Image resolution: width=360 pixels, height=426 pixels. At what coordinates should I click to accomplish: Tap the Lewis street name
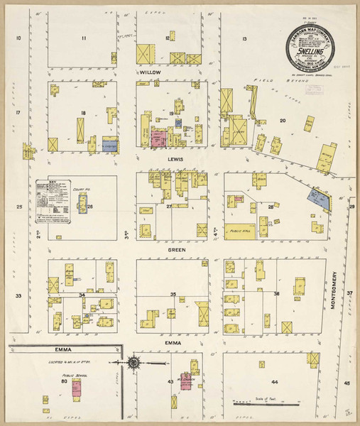(175, 160)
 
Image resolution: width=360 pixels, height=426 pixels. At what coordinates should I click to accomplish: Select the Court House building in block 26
(82, 206)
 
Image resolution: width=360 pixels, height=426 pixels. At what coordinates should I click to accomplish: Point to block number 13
(244, 38)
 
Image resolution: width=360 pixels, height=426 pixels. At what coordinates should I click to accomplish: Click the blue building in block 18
(109, 144)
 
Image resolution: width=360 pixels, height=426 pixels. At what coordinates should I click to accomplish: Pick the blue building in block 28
(317, 200)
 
